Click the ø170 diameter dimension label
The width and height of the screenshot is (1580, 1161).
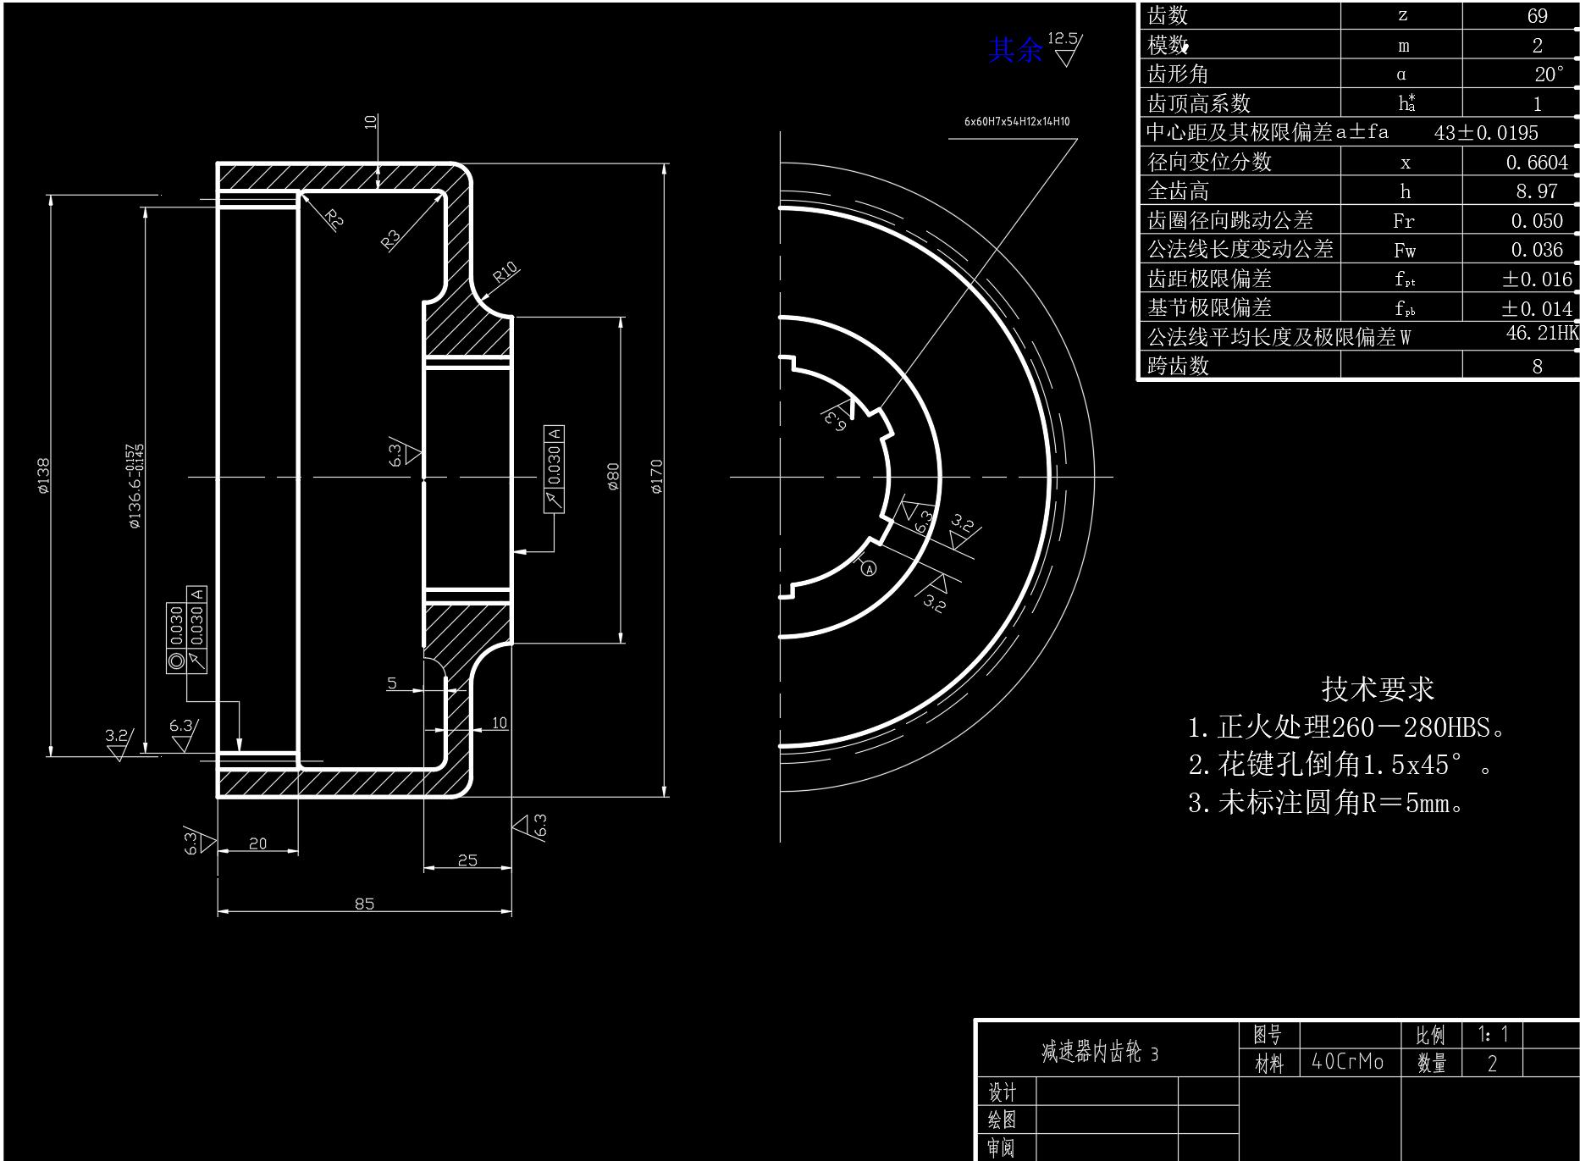tap(657, 476)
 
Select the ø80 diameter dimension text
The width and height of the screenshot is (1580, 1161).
tap(613, 476)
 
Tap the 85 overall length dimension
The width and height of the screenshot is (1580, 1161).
tap(364, 904)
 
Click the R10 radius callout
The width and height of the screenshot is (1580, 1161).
tap(505, 273)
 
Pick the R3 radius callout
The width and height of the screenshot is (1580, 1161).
tap(390, 240)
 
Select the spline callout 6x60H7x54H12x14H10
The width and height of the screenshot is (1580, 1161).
tap(1016, 122)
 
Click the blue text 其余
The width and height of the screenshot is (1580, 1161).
tap(1015, 50)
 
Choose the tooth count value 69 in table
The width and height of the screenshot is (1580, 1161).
tap(1537, 16)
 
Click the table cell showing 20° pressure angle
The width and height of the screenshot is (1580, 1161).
tap(1549, 75)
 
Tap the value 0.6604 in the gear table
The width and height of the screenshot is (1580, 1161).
tap(1537, 163)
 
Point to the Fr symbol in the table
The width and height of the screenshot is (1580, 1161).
tap(1403, 221)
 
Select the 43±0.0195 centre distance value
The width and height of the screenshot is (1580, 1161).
tap(1486, 133)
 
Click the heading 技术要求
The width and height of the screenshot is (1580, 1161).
tap(1378, 689)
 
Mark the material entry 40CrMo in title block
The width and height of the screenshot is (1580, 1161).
tap(1347, 1062)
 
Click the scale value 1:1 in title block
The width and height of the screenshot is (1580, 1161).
tap(1493, 1034)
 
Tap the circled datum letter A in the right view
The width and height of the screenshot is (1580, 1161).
tap(869, 569)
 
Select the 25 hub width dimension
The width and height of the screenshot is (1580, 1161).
tap(467, 860)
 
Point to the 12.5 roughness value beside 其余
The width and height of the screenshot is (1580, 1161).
tap(1062, 38)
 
